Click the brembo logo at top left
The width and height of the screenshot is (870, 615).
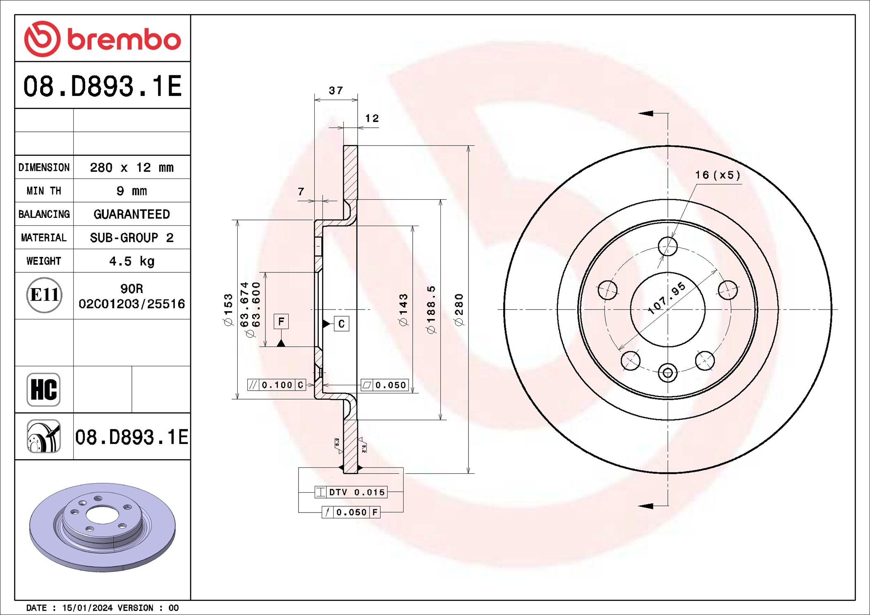(103, 39)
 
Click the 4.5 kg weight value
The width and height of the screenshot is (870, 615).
(132, 261)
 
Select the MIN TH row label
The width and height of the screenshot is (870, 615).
(44, 191)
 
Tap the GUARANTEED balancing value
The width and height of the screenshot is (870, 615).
(132, 214)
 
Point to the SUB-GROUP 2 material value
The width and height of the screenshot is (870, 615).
(132, 238)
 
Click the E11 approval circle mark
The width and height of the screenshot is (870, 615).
(44, 295)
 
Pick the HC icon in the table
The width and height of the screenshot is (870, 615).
(43, 390)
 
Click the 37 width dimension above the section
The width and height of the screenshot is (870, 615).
(336, 91)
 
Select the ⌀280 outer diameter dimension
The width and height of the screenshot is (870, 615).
(459, 310)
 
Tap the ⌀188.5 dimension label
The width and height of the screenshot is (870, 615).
(431, 310)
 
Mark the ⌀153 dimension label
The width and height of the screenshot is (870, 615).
(228, 310)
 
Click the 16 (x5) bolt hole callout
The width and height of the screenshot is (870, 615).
(718, 175)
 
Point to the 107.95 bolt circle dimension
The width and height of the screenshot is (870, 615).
(667, 298)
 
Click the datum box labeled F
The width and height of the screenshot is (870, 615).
(281, 322)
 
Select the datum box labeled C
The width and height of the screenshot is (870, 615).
(342, 324)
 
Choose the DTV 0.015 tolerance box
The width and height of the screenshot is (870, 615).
(351, 492)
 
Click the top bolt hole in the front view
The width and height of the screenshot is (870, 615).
(668, 246)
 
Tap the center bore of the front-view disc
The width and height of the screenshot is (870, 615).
(667, 310)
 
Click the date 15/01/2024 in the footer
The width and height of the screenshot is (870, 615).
(87, 608)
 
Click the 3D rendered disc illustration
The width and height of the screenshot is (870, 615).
(103, 528)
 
